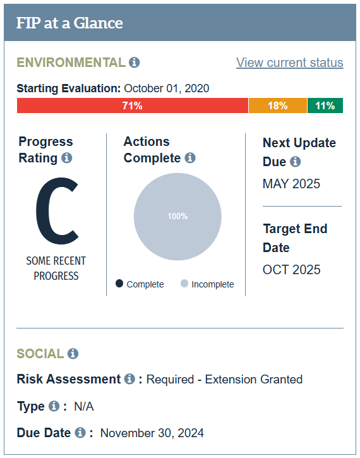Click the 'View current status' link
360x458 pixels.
point(290,63)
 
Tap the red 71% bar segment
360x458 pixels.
point(133,105)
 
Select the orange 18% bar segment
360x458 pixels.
point(278,105)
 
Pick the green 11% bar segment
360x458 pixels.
point(325,105)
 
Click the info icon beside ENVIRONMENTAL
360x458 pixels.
point(135,62)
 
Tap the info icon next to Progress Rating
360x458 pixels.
point(66,158)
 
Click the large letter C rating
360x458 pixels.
point(57,210)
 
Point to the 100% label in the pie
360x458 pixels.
point(177,216)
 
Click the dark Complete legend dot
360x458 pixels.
point(119,284)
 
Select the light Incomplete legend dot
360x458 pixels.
point(184,284)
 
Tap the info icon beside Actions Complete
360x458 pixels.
point(190,158)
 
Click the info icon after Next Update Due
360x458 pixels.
point(295,161)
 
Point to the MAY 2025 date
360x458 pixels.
point(291,184)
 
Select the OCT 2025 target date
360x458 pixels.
point(291,270)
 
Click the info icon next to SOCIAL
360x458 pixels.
point(73,353)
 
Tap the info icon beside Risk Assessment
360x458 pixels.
point(129,379)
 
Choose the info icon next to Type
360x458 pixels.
point(54,406)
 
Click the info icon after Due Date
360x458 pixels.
point(80,433)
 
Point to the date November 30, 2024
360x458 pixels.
point(152,433)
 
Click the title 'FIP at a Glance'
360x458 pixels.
point(69,23)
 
